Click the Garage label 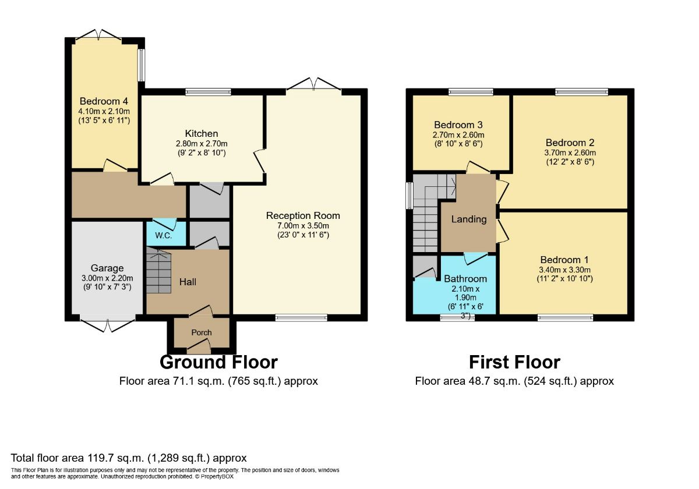tap(107, 268)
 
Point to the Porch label tap(202, 332)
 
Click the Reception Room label tap(302, 215)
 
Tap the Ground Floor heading tap(218, 362)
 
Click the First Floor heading tap(514, 362)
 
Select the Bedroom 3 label tap(458, 125)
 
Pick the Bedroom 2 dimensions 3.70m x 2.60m tap(570, 153)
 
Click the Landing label tap(469, 219)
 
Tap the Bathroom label tap(465, 279)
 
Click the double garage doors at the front tap(108, 324)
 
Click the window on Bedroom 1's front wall tap(565, 318)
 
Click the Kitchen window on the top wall tap(208, 91)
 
